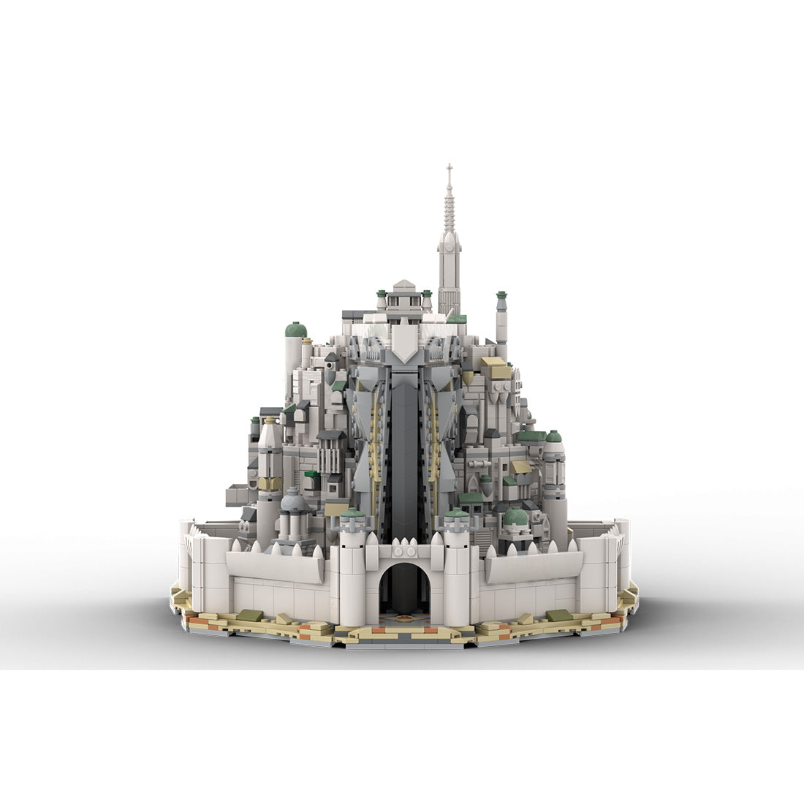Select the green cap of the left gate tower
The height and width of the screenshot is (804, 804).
[x=352, y=514]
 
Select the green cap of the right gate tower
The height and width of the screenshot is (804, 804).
[x=456, y=514]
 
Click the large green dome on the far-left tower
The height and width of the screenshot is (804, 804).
[x=295, y=330]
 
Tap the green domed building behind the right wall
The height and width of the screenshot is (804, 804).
[x=516, y=516]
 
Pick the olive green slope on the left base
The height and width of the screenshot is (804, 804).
[x=250, y=615]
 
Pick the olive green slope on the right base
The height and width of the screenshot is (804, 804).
[x=558, y=615]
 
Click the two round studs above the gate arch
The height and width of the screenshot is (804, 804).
[x=404, y=545]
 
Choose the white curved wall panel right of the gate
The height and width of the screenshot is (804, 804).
[x=534, y=566]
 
